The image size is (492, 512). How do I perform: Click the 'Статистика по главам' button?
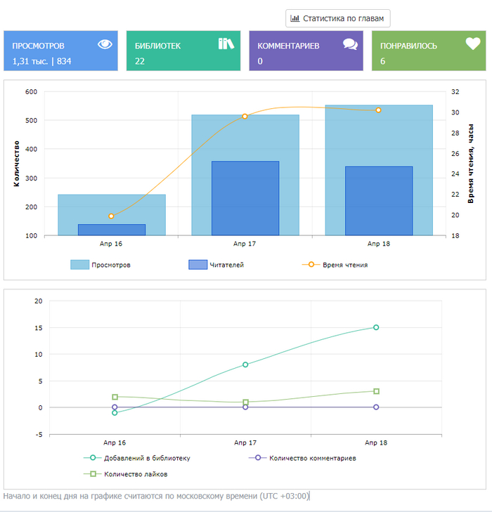[337, 18]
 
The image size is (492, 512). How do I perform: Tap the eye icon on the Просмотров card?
[105, 44]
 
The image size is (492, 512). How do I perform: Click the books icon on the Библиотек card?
[226, 44]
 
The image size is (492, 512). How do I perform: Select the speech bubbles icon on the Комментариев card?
[350, 44]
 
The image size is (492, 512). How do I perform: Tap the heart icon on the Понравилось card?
[473, 44]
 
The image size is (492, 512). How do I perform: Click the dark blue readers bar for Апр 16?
[111, 230]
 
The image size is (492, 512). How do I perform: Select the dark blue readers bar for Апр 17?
[245, 198]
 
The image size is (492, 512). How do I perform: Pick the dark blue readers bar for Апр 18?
[379, 201]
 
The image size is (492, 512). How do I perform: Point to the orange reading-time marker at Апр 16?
[111, 216]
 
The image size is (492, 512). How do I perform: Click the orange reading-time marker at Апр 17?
[245, 116]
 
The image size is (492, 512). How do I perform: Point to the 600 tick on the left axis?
[31, 92]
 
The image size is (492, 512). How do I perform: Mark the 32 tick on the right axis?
[455, 92]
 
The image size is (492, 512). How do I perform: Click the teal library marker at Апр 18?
[376, 327]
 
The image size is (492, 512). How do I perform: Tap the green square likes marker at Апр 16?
[115, 397]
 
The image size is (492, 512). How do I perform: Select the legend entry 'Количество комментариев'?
[302, 458]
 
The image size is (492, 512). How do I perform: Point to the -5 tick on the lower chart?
[39, 435]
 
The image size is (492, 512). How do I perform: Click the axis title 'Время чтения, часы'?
[471, 162]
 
